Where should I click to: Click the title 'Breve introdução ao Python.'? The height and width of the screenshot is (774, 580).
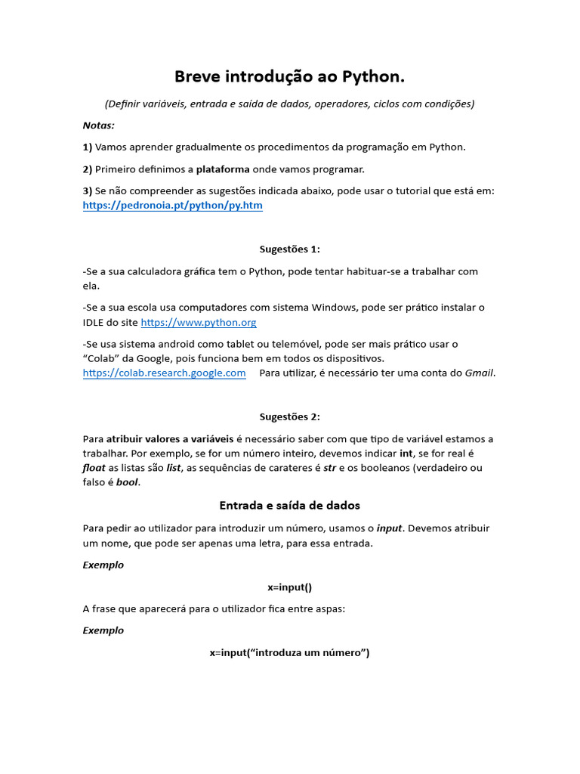[290, 76]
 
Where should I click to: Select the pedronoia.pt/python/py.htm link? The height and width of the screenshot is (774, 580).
[172, 206]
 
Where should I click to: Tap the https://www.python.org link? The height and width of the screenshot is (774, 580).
[199, 323]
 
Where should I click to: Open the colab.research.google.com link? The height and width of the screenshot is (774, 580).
[164, 373]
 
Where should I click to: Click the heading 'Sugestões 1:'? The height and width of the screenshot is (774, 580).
[290, 249]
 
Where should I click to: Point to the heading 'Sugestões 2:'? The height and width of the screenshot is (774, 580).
[290, 416]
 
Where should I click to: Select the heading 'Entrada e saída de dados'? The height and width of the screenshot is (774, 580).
[290, 505]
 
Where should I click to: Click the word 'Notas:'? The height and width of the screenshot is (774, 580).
[99, 125]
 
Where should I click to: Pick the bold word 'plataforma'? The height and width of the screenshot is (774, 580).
[223, 169]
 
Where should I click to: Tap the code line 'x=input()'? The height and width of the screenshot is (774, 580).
[290, 587]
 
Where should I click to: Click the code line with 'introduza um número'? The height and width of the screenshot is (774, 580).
[290, 652]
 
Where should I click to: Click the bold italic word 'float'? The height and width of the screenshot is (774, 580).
[94, 468]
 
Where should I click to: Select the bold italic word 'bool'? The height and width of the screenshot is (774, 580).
[127, 482]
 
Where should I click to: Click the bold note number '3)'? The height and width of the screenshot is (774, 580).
[88, 191]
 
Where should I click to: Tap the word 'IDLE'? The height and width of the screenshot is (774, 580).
[94, 323]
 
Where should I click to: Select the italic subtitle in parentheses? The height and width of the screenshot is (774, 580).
[290, 104]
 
